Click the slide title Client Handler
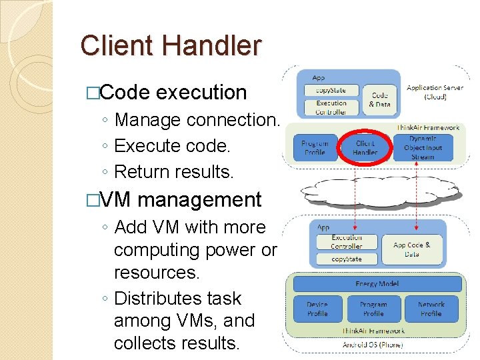pyautogui.click(x=171, y=45)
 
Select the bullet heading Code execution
pyautogui.click(x=173, y=92)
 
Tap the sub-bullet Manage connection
pyautogui.click(x=196, y=120)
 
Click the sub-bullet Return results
pyautogui.click(x=174, y=171)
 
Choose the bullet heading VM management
pyautogui.click(x=181, y=199)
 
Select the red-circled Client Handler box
pyautogui.click(x=365, y=148)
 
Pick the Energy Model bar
pyautogui.click(x=377, y=284)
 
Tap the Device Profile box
pyautogui.click(x=317, y=309)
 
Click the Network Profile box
pyautogui.click(x=431, y=309)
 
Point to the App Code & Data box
pyautogui.click(x=411, y=249)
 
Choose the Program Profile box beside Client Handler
pyautogui.click(x=315, y=148)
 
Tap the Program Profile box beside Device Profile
pyautogui.click(x=373, y=309)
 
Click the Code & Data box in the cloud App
pyautogui.click(x=379, y=100)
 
